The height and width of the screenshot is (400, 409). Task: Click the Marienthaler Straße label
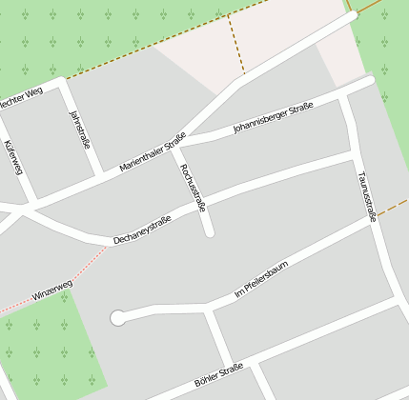153,152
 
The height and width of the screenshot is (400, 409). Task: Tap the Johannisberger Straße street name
273,118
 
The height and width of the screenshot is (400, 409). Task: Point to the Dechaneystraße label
142,229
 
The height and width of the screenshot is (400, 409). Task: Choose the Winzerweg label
52,290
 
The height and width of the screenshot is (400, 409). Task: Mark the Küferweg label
12,157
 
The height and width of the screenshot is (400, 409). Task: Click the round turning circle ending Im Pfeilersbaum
118,318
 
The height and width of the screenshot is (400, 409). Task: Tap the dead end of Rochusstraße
209,231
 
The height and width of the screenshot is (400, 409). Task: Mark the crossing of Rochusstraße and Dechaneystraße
202,202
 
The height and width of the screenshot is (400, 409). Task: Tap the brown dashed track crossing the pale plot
235,43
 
